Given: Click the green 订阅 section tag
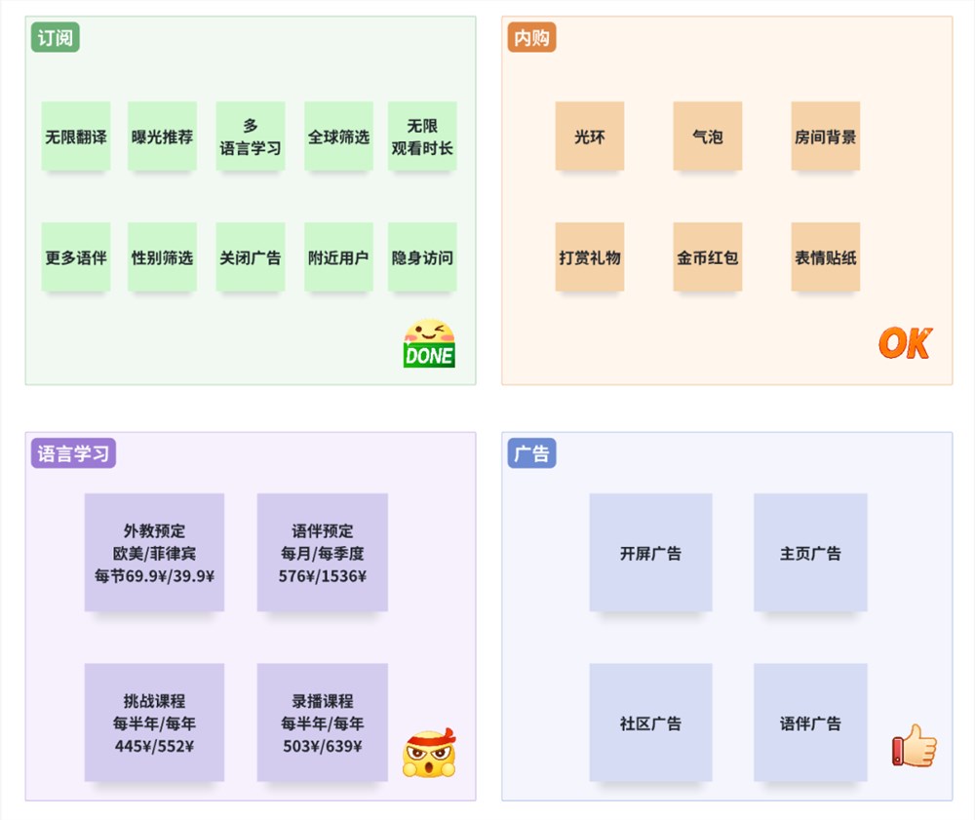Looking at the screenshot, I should click(x=55, y=38).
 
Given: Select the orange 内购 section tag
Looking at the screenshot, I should click(x=531, y=38).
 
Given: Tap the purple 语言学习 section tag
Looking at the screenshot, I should click(x=73, y=453).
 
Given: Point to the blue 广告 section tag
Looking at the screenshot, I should click(x=531, y=453).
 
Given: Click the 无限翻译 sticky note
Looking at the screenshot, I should click(x=76, y=137).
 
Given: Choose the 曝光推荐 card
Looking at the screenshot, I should click(x=162, y=137).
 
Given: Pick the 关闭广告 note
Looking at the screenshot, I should click(x=251, y=257).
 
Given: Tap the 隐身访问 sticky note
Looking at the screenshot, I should click(x=422, y=257).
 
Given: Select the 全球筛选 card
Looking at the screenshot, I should click(x=338, y=137).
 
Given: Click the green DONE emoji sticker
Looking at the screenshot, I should click(x=429, y=344).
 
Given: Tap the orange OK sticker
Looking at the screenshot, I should click(x=905, y=343).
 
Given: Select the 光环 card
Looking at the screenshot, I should click(x=590, y=137).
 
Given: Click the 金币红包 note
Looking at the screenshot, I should click(x=708, y=257).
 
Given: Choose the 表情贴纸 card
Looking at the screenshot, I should click(x=826, y=257).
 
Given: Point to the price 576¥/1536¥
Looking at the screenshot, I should click(x=323, y=575).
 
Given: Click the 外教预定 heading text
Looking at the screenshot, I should click(x=154, y=531).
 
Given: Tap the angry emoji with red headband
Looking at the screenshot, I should click(x=430, y=754).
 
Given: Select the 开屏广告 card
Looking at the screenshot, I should click(x=650, y=553).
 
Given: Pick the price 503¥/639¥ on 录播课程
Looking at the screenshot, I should click(x=323, y=747).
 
